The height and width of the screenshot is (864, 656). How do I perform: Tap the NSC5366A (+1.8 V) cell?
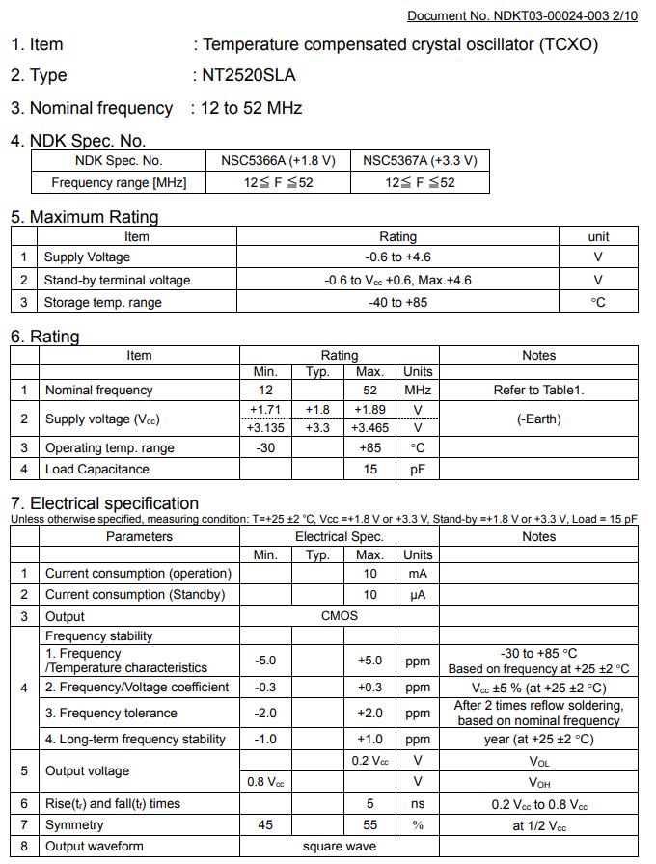278,161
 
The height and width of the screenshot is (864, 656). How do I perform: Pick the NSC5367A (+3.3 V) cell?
420,161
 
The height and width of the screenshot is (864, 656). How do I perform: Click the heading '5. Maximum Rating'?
85,217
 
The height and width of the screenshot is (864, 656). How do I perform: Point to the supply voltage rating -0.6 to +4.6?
397,257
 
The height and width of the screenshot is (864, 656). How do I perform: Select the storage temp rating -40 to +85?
397,302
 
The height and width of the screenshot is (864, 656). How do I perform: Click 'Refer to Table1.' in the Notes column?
538,391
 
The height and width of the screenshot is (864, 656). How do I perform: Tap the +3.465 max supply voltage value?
369,428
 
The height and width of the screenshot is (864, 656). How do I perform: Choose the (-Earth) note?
538,418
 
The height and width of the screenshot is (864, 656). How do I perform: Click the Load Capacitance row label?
97,470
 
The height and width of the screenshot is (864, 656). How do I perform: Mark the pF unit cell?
418,470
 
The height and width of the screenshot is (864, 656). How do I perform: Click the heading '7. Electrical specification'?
104,503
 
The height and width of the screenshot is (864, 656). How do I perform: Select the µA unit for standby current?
418,595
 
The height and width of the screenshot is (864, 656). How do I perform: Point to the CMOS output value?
339,616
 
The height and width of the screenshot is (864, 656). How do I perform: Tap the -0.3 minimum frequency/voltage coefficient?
265,688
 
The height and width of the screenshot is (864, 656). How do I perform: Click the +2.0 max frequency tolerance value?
369,714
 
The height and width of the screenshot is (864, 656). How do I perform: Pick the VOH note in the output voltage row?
538,782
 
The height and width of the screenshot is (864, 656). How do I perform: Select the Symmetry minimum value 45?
265,825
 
